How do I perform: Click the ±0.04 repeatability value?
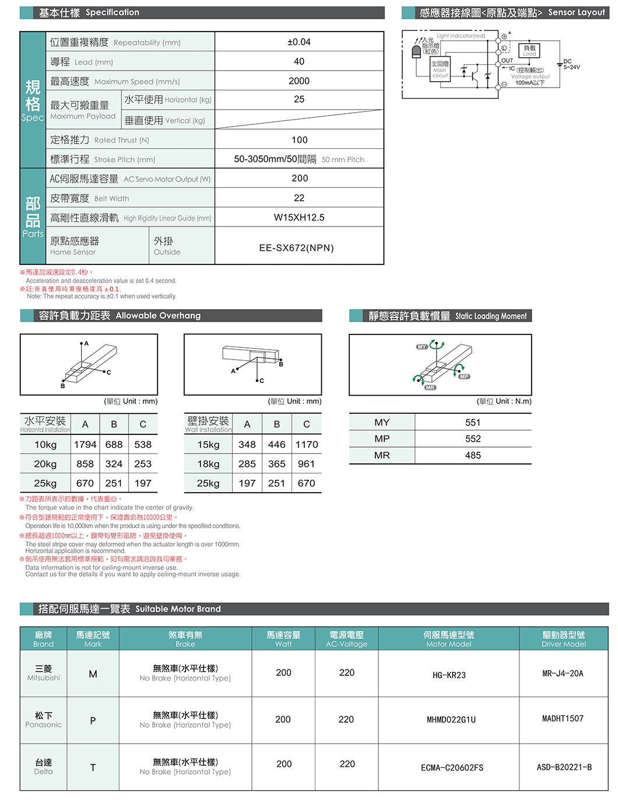(299, 42)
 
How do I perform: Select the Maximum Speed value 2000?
(299, 81)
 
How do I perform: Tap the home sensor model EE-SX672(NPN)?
(297, 248)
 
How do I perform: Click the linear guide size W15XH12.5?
(299, 218)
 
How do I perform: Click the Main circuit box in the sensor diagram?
(440, 69)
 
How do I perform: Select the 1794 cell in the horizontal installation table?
(85, 445)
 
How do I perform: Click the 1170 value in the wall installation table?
(307, 445)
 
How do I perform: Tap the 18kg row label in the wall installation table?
(208, 464)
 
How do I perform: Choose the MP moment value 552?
(473, 439)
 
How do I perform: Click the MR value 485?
(473, 455)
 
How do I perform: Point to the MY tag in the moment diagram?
(422, 347)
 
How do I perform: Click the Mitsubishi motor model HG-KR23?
(449, 675)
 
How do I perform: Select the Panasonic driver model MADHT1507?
(563, 719)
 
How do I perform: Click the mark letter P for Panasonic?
(93, 721)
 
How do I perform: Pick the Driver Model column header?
(563, 639)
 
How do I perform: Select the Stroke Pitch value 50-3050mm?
(275, 159)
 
